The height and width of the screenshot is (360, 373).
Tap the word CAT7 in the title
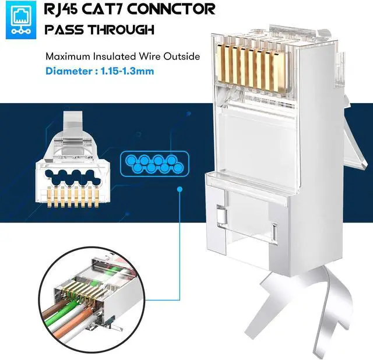tap(115, 9)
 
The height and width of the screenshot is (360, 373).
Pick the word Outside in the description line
tap(181, 57)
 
